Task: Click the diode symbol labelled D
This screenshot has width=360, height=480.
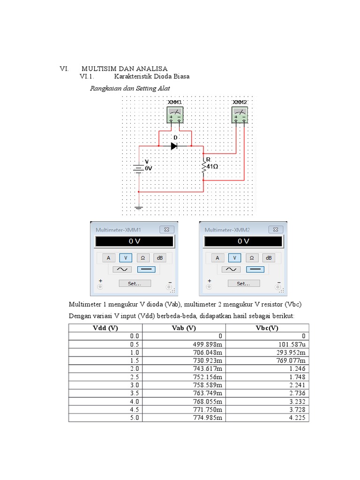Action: [174, 146]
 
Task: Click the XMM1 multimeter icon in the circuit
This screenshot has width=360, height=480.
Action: [175, 115]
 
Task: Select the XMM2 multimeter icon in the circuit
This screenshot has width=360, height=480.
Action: [240, 115]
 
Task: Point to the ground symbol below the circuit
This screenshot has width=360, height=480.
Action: [139, 207]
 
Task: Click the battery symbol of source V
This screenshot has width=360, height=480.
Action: [139, 168]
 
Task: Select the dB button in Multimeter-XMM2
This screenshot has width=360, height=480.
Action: [269, 257]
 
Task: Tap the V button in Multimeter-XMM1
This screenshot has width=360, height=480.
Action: [126, 257]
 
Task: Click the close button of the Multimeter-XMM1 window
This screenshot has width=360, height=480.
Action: [167, 229]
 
